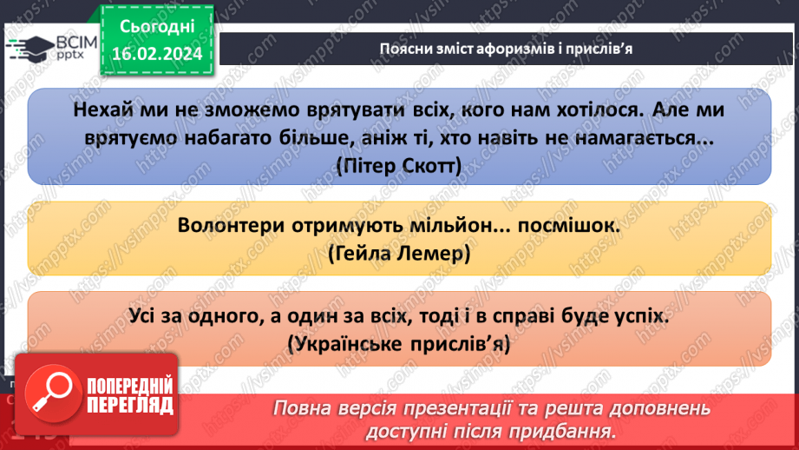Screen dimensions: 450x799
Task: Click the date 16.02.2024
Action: pos(156,54)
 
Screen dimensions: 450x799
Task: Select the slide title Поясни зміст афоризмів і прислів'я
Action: pos(506,49)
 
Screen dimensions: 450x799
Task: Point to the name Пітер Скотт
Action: pos(400,164)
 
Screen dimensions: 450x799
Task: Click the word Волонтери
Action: pos(228,225)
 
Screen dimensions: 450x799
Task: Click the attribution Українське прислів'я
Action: pos(399,344)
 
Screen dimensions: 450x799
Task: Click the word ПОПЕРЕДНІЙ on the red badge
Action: pos(130,387)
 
